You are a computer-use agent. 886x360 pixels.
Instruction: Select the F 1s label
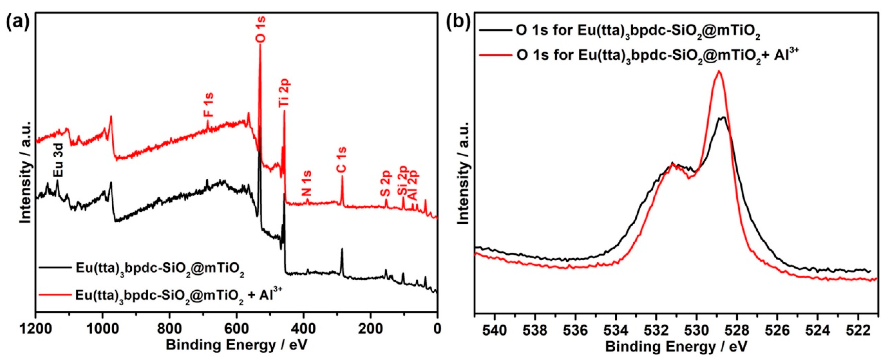click(208, 105)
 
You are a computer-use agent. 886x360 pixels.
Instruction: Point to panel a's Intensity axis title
click(26, 172)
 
